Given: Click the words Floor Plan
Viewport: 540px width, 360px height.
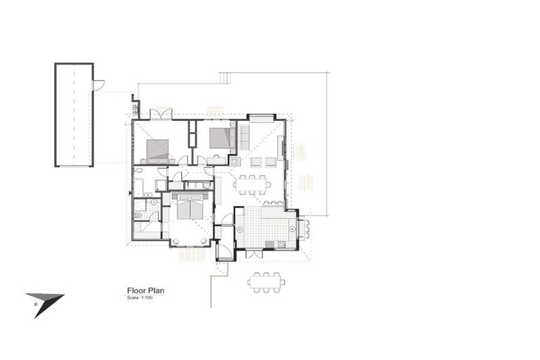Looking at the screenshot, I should click(146, 289).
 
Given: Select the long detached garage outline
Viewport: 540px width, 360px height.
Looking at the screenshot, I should click(74, 115).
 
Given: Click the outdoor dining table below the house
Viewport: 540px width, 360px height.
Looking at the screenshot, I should click(266, 282).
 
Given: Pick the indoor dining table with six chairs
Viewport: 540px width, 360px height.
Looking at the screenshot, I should click(252, 185).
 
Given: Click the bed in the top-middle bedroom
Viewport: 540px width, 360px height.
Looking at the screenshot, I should click(221, 137).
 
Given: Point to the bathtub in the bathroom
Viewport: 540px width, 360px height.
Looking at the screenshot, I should click(139, 187).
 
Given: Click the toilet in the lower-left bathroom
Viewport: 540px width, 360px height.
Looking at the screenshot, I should click(139, 216).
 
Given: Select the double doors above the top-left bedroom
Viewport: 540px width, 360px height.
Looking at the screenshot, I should click(161, 113).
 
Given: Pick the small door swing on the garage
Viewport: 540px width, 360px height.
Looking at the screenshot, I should click(98, 85).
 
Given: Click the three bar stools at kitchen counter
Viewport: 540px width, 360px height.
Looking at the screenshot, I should click(272, 203).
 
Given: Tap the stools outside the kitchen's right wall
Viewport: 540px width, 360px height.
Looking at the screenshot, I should click(306, 229).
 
